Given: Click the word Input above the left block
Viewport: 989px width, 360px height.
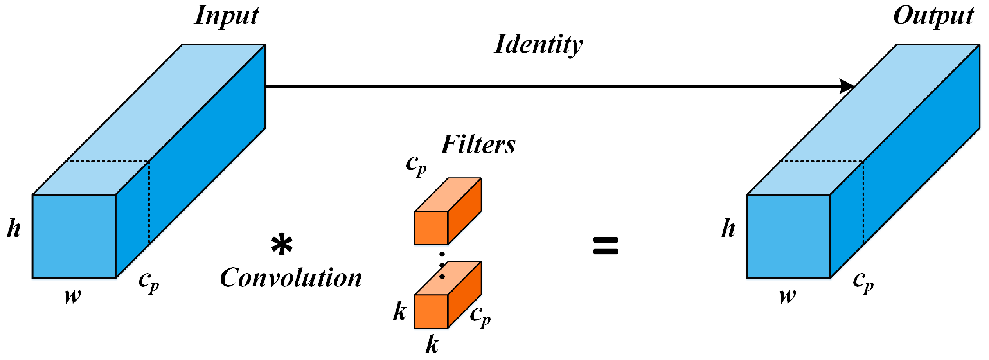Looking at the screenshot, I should [x=227, y=16].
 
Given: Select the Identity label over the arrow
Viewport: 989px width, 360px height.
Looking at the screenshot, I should [x=538, y=45].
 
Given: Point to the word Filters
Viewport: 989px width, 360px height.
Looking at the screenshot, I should [x=478, y=145].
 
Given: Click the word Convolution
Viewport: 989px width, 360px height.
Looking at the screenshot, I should [x=291, y=278].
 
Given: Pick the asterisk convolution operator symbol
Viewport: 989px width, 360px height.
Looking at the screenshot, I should [x=282, y=245].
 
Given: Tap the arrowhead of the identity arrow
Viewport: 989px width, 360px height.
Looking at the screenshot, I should [x=847, y=86].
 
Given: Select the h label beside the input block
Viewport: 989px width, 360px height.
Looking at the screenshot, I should [x=14, y=228].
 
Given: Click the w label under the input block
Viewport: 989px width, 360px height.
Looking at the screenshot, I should [x=73, y=296].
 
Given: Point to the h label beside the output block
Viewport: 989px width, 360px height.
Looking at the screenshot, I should [x=728, y=228].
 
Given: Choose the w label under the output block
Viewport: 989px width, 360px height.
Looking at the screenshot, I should [x=788, y=296].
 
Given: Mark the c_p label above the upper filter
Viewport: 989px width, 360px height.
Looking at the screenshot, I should [x=416, y=165].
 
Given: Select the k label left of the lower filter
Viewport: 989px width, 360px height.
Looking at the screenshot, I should [x=400, y=312].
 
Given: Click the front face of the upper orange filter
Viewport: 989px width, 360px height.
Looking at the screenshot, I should [x=431, y=228].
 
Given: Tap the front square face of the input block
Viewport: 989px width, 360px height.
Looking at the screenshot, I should [x=74, y=236].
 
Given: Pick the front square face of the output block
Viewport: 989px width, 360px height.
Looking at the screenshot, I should [x=788, y=236].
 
